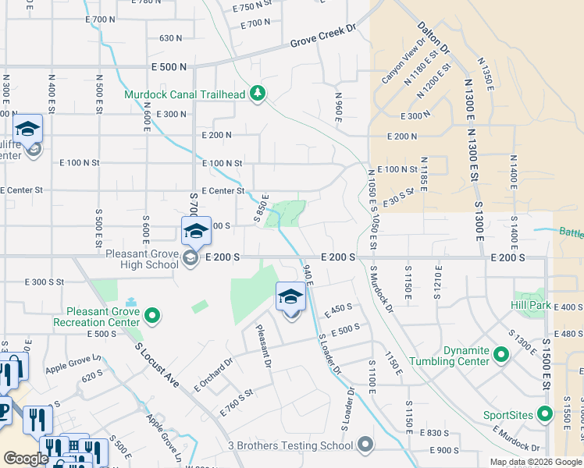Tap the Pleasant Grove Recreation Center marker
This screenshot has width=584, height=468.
coord(153,316)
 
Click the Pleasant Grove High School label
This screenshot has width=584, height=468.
coord(141,258)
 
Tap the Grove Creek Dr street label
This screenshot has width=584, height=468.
coord(322,41)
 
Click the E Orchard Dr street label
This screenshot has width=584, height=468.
coord(213,374)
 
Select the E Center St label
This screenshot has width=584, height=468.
coord(223,190)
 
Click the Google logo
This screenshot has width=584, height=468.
coord(26,459)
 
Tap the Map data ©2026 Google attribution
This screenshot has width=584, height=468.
coord(536,462)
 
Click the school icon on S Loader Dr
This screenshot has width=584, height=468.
coord(290,297)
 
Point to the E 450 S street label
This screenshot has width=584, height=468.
coord(338,310)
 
